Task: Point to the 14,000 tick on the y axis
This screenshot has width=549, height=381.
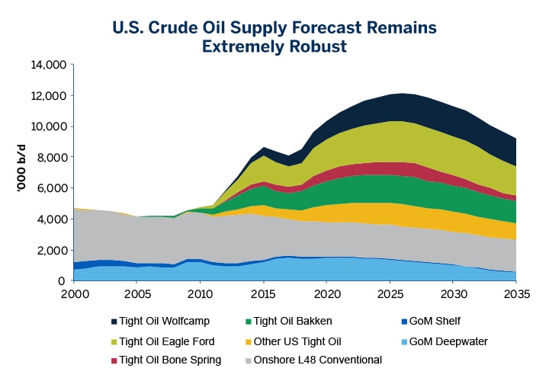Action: pyautogui.click(x=48, y=65)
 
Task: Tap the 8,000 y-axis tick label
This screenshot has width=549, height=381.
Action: pyautogui.click(x=51, y=158)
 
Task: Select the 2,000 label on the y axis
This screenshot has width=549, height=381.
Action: pyautogui.click(x=51, y=251)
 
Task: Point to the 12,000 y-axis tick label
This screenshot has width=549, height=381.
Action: pyautogui.click(x=48, y=96)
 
